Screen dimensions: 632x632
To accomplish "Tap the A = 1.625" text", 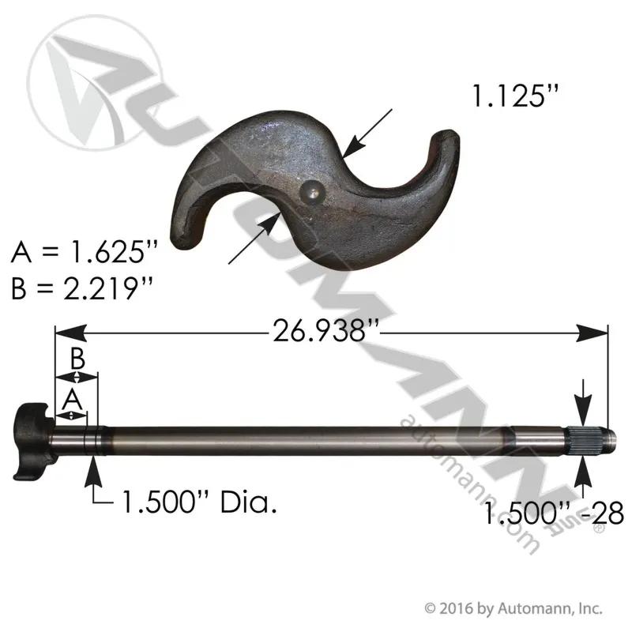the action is [85, 253].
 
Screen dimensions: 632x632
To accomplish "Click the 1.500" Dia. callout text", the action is [199, 502].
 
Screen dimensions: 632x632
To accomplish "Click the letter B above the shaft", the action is [77, 359].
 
